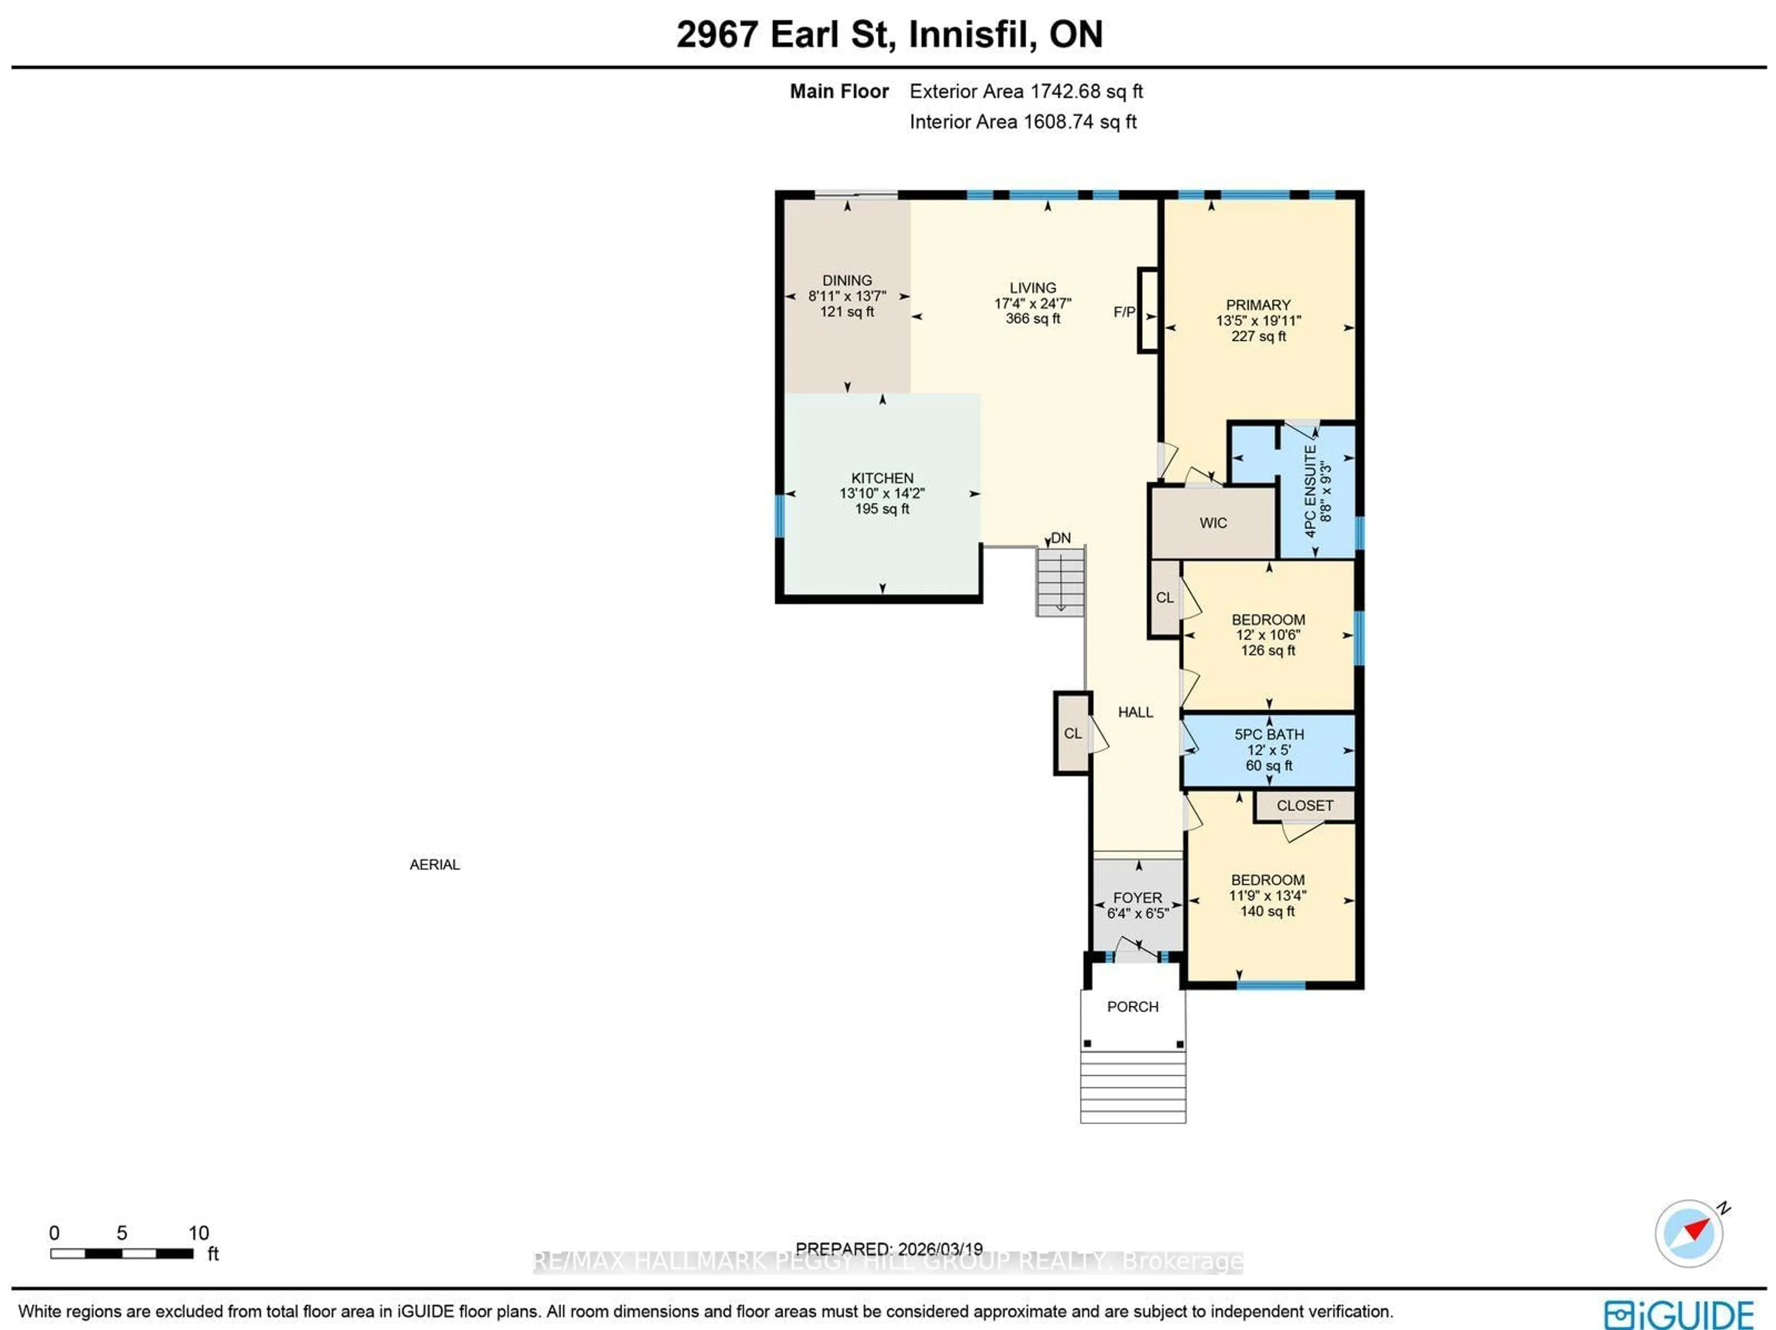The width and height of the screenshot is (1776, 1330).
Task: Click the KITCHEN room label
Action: [x=882, y=478]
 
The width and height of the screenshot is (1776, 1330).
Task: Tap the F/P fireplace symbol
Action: [x=1147, y=310]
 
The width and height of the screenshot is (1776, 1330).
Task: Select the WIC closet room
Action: [x=1212, y=523]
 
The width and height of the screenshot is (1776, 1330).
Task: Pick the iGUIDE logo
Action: [x=1678, y=1315]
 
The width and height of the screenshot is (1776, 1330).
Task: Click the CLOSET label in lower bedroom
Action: [x=1304, y=805]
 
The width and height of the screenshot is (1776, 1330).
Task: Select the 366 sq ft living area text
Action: [x=1032, y=319]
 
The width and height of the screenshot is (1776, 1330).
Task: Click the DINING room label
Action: [x=846, y=280]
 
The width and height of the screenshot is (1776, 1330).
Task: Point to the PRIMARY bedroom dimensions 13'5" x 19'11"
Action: [x=1258, y=321]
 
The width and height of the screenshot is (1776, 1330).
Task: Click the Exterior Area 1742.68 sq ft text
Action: [x=1025, y=92]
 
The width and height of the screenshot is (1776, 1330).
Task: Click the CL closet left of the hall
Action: [x=1072, y=733]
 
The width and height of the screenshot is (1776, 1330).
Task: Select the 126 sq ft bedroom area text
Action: [x=1268, y=650]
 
